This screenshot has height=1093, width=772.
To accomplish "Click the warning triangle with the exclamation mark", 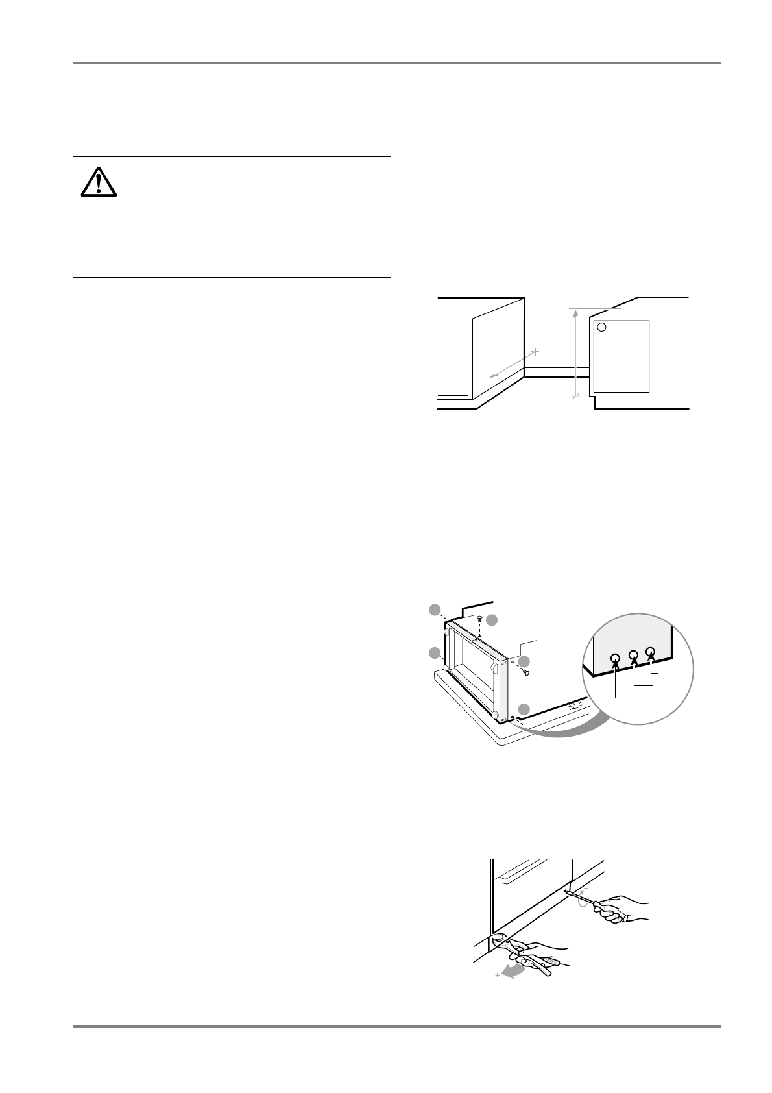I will [99, 182].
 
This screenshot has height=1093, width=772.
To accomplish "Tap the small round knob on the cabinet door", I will [601, 327].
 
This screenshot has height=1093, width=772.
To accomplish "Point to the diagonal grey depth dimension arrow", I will [513, 363].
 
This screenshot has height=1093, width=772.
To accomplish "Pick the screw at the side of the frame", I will [526, 672].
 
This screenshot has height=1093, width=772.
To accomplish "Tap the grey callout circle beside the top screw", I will [492, 620].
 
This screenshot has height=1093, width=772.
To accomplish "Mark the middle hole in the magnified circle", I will [634, 656].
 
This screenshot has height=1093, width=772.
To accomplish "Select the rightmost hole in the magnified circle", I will [651, 652].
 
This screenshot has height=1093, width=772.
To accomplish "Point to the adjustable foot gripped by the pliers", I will [498, 937].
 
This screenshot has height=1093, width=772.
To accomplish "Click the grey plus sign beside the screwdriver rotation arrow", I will [585, 888].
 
